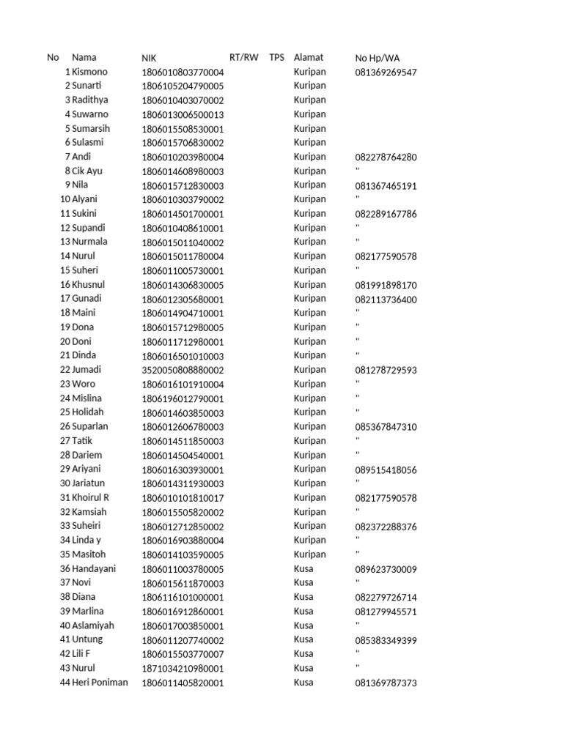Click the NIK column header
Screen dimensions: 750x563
[149, 58]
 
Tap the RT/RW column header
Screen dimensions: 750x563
[244, 57]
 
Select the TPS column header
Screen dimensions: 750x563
[276, 57]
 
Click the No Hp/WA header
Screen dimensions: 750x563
[378, 58]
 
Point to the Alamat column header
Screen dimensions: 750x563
[308, 57]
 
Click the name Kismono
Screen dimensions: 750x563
[90, 72]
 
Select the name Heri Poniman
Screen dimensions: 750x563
[100, 682]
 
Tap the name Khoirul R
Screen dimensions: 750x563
[91, 497]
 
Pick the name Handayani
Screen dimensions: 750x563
[94, 568]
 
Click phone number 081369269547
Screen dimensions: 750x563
[386, 73]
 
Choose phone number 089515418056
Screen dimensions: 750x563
[386, 469]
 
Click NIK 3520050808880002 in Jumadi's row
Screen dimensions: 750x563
[183, 370]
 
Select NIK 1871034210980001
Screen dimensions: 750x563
[183, 668]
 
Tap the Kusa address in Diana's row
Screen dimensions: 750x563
[303, 597]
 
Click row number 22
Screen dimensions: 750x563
[65, 370]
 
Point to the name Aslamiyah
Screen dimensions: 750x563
[93, 625]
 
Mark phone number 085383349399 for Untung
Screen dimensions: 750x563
[386, 640]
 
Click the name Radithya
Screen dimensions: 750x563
[90, 100]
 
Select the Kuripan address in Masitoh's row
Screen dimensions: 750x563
[309, 554]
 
